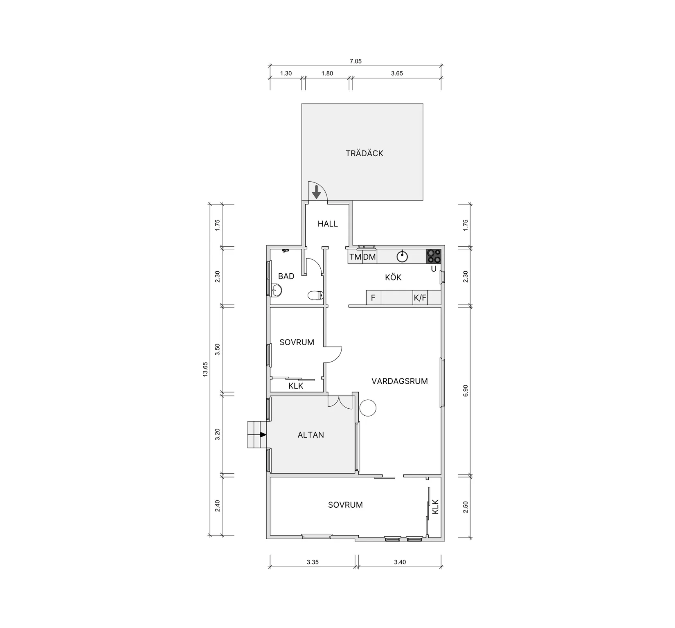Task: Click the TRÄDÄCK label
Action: point(364,153)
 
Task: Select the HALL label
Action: point(328,224)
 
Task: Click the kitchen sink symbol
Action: point(403,256)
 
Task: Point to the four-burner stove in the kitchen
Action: point(434,256)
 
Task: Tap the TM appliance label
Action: point(355,257)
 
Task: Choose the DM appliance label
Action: point(369,257)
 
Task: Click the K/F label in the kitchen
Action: point(420,298)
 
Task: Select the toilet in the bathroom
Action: point(315,295)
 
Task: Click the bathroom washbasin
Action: point(277,290)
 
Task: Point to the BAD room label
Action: point(286,276)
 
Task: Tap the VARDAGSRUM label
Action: point(400,381)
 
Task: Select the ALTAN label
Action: point(311,435)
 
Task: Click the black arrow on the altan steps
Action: point(263,434)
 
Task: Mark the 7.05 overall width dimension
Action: point(355,61)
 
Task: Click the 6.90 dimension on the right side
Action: point(465,391)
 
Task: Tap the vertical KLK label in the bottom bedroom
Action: point(435,506)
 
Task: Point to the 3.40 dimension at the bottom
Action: point(400,562)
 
